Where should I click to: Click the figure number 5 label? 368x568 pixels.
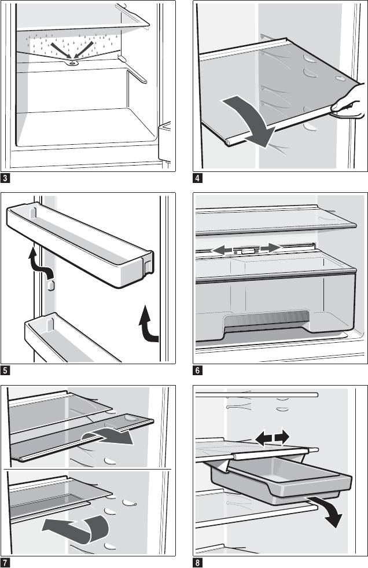point(5,369)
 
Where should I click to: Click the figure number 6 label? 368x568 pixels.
point(198,369)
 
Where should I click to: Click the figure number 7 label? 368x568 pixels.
point(5,562)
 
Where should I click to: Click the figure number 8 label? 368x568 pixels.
point(198,562)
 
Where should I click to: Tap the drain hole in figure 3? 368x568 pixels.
point(72,63)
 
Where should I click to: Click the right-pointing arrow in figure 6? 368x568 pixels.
point(270,248)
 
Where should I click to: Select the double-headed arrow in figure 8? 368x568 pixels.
point(272,437)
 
